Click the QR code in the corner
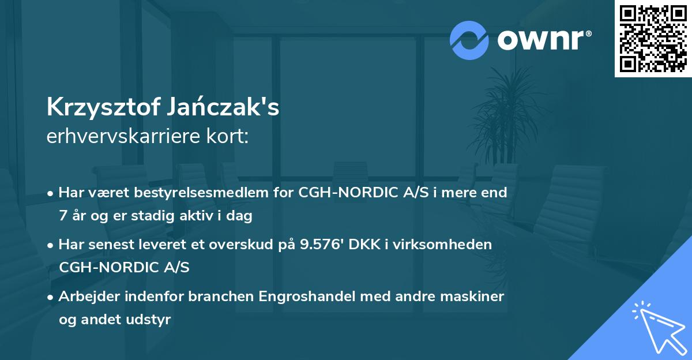[653, 38]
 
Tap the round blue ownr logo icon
[469, 40]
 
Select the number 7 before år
[62, 216]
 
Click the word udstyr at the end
[152, 320]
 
